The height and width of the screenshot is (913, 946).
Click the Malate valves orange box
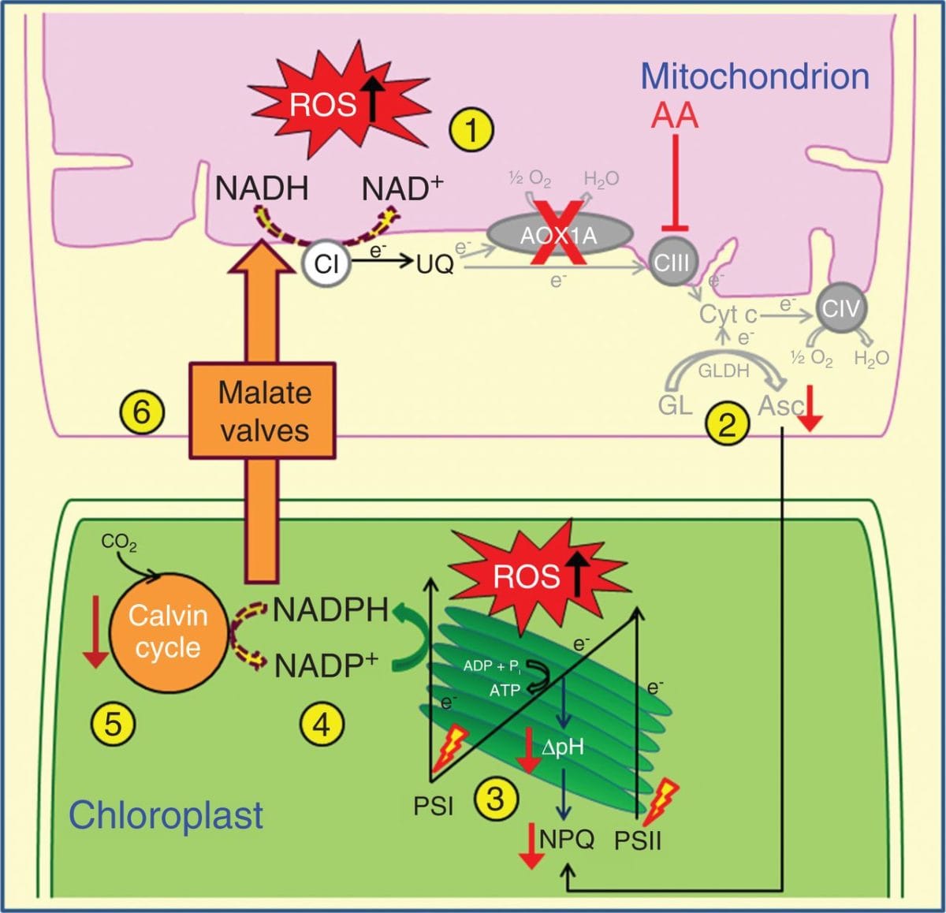pos(263,411)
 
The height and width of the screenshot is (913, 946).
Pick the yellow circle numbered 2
pos(727,424)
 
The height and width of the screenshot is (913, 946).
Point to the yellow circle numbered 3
pos(495,799)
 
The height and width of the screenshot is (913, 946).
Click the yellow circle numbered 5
pos(114,723)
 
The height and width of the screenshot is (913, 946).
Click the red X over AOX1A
pos(561,233)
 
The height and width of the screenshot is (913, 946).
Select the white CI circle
pos(326,264)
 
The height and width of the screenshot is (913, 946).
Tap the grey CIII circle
pos(672,263)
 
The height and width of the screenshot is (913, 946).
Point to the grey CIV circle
pos(841,307)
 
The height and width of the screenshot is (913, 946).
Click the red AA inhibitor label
pos(675,116)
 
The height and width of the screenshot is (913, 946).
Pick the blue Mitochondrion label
pos(754,76)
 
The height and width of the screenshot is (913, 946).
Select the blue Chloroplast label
pos(166,814)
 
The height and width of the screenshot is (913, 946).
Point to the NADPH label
pos(331,610)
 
